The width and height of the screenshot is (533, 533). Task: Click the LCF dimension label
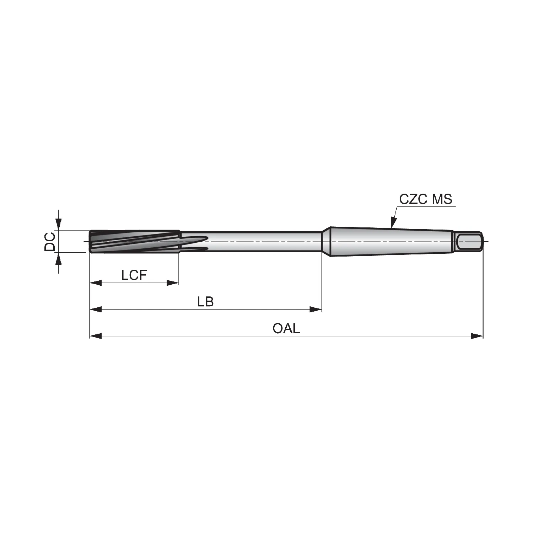pyautogui.click(x=134, y=275)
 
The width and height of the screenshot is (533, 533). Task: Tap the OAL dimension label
pyautogui.click(x=286, y=328)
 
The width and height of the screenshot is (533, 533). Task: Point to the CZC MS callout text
pyautogui.click(x=426, y=199)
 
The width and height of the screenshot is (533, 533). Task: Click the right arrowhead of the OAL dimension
pyautogui.click(x=477, y=336)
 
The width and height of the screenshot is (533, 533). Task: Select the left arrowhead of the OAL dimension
pyautogui.click(x=96, y=336)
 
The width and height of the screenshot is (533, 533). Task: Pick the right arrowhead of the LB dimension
pyautogui.click(x=316, y=309)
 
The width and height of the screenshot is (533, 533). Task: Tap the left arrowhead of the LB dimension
pyautogui.click(x=96, y=309)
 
